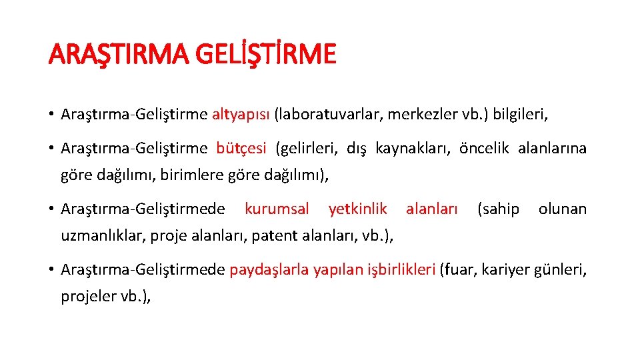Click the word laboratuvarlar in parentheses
click(x=328, y=114)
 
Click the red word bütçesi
click(x=241, y=148)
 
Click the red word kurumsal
click(x=277, y=209)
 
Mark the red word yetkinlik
click(x=357, y=209)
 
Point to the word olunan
click(x=562, y=209)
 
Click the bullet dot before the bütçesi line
click(x=51, y=148)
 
